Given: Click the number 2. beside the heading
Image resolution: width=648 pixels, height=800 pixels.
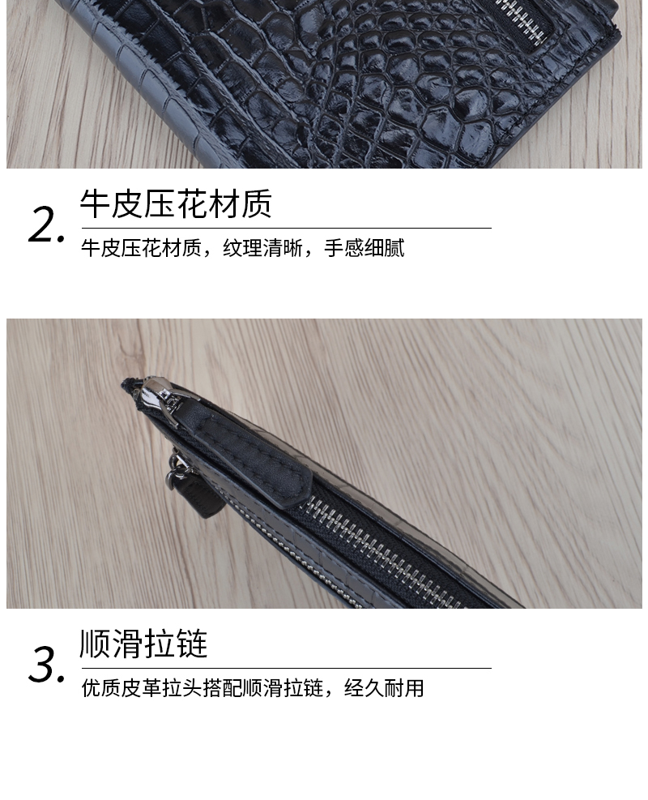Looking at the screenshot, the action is [46, 225].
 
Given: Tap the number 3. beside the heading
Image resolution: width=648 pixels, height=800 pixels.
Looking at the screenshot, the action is [46, 665].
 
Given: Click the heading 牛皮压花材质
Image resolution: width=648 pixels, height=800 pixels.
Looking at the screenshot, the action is [176, 203].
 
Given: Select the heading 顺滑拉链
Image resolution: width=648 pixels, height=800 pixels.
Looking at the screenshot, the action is [143, 644].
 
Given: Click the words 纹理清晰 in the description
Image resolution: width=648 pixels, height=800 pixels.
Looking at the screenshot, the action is [262, 249].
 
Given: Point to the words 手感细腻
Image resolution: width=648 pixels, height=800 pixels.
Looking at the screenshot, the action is [364, 249].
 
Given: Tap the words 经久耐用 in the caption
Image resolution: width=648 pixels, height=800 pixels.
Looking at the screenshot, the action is [384, 688].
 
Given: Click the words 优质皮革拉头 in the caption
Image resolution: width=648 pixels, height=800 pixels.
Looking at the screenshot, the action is [142, 688].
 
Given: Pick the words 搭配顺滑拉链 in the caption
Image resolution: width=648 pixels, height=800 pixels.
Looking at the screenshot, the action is [263, 688].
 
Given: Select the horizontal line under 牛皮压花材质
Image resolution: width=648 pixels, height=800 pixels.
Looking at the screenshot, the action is [287, 228].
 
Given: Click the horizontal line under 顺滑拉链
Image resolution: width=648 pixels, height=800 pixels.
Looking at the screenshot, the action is [287, 667].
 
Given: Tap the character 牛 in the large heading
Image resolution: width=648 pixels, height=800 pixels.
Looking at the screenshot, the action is [96, 203].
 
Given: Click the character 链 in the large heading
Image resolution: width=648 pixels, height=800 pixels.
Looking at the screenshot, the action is [192, 644].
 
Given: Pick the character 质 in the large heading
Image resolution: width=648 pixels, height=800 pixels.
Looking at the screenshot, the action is [257, 203].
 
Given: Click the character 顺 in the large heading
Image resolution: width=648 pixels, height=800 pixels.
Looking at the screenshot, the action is [96, 644].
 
